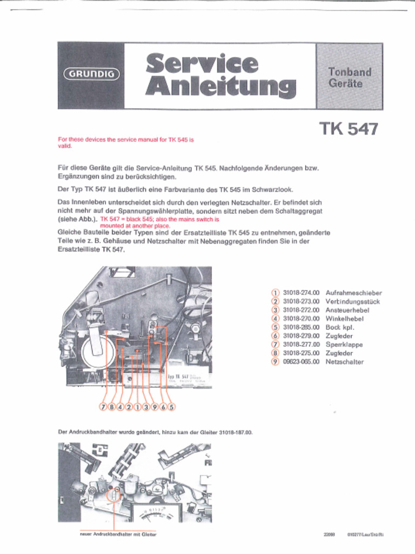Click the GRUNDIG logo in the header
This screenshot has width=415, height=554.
click(x=92, y=75)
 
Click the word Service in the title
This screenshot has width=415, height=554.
click(x=202, y=63)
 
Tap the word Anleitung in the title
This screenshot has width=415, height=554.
click(x=220, y=87)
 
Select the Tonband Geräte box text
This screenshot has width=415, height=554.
click(x=350, y=77)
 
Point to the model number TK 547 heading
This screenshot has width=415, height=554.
click(x=349, y=129)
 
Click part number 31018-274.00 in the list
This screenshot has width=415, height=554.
click(x=301, y=293)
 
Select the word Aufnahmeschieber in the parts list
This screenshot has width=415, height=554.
click(x=353, y=293)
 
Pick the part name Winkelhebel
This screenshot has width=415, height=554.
click(x=344, y=319)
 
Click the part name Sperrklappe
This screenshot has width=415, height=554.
click(x=344, y=345)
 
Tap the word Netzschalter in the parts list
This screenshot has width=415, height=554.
click(x=344, y=362)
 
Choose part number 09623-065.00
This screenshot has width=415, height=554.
click(x=301, y=362)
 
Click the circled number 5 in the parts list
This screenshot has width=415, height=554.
click(x=275, y=327)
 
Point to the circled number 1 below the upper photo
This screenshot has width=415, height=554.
click(x=137, y=407)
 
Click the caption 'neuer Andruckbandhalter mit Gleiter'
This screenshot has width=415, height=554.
click(x=118, y=535)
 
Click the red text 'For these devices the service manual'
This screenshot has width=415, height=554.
click(x=125, y=140)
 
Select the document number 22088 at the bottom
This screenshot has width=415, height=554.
click(x=329, y=535)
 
